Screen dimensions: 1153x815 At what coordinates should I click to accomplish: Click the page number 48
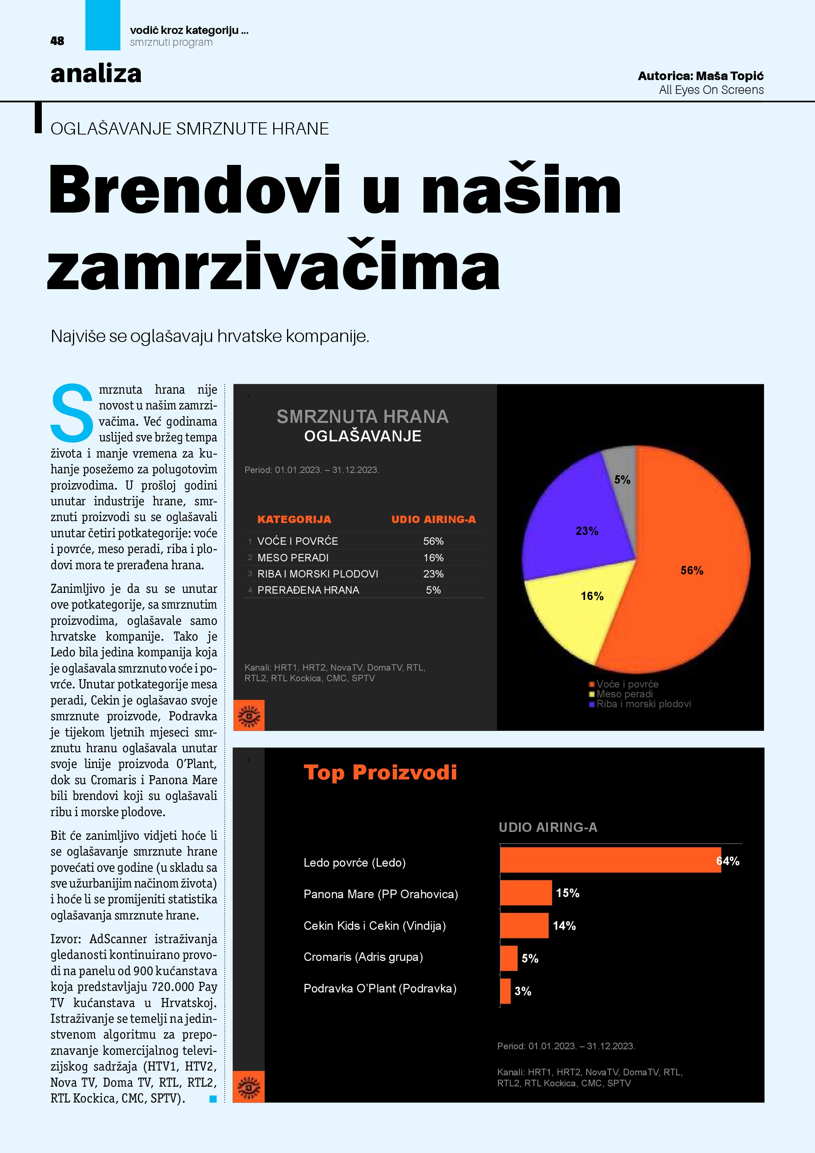click(x=57, y=41)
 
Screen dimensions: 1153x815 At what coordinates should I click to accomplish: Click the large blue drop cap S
click(x=72, y=412)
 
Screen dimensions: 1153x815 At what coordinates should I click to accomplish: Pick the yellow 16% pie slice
click(x=582, y=610)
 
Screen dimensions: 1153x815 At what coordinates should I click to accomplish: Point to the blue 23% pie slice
click(x=577, y=522)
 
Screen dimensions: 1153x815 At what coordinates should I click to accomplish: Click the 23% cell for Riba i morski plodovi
click(x=433, y=574)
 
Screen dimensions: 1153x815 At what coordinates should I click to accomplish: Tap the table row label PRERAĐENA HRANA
click(x=308, y=591)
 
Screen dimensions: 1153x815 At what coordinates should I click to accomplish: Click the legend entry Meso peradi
click(x=624, y=694)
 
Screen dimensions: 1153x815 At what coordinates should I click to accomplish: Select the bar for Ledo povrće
click(x=610, y=860)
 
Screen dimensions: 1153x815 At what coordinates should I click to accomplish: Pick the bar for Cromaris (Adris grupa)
click(x=508, y=958)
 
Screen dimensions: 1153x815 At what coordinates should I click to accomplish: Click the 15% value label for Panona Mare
click(x=568, y=893)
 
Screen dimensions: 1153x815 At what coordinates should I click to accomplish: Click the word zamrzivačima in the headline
click(x=274, y=266)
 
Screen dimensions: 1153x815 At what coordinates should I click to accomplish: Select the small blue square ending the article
click(x=213, y=1099)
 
